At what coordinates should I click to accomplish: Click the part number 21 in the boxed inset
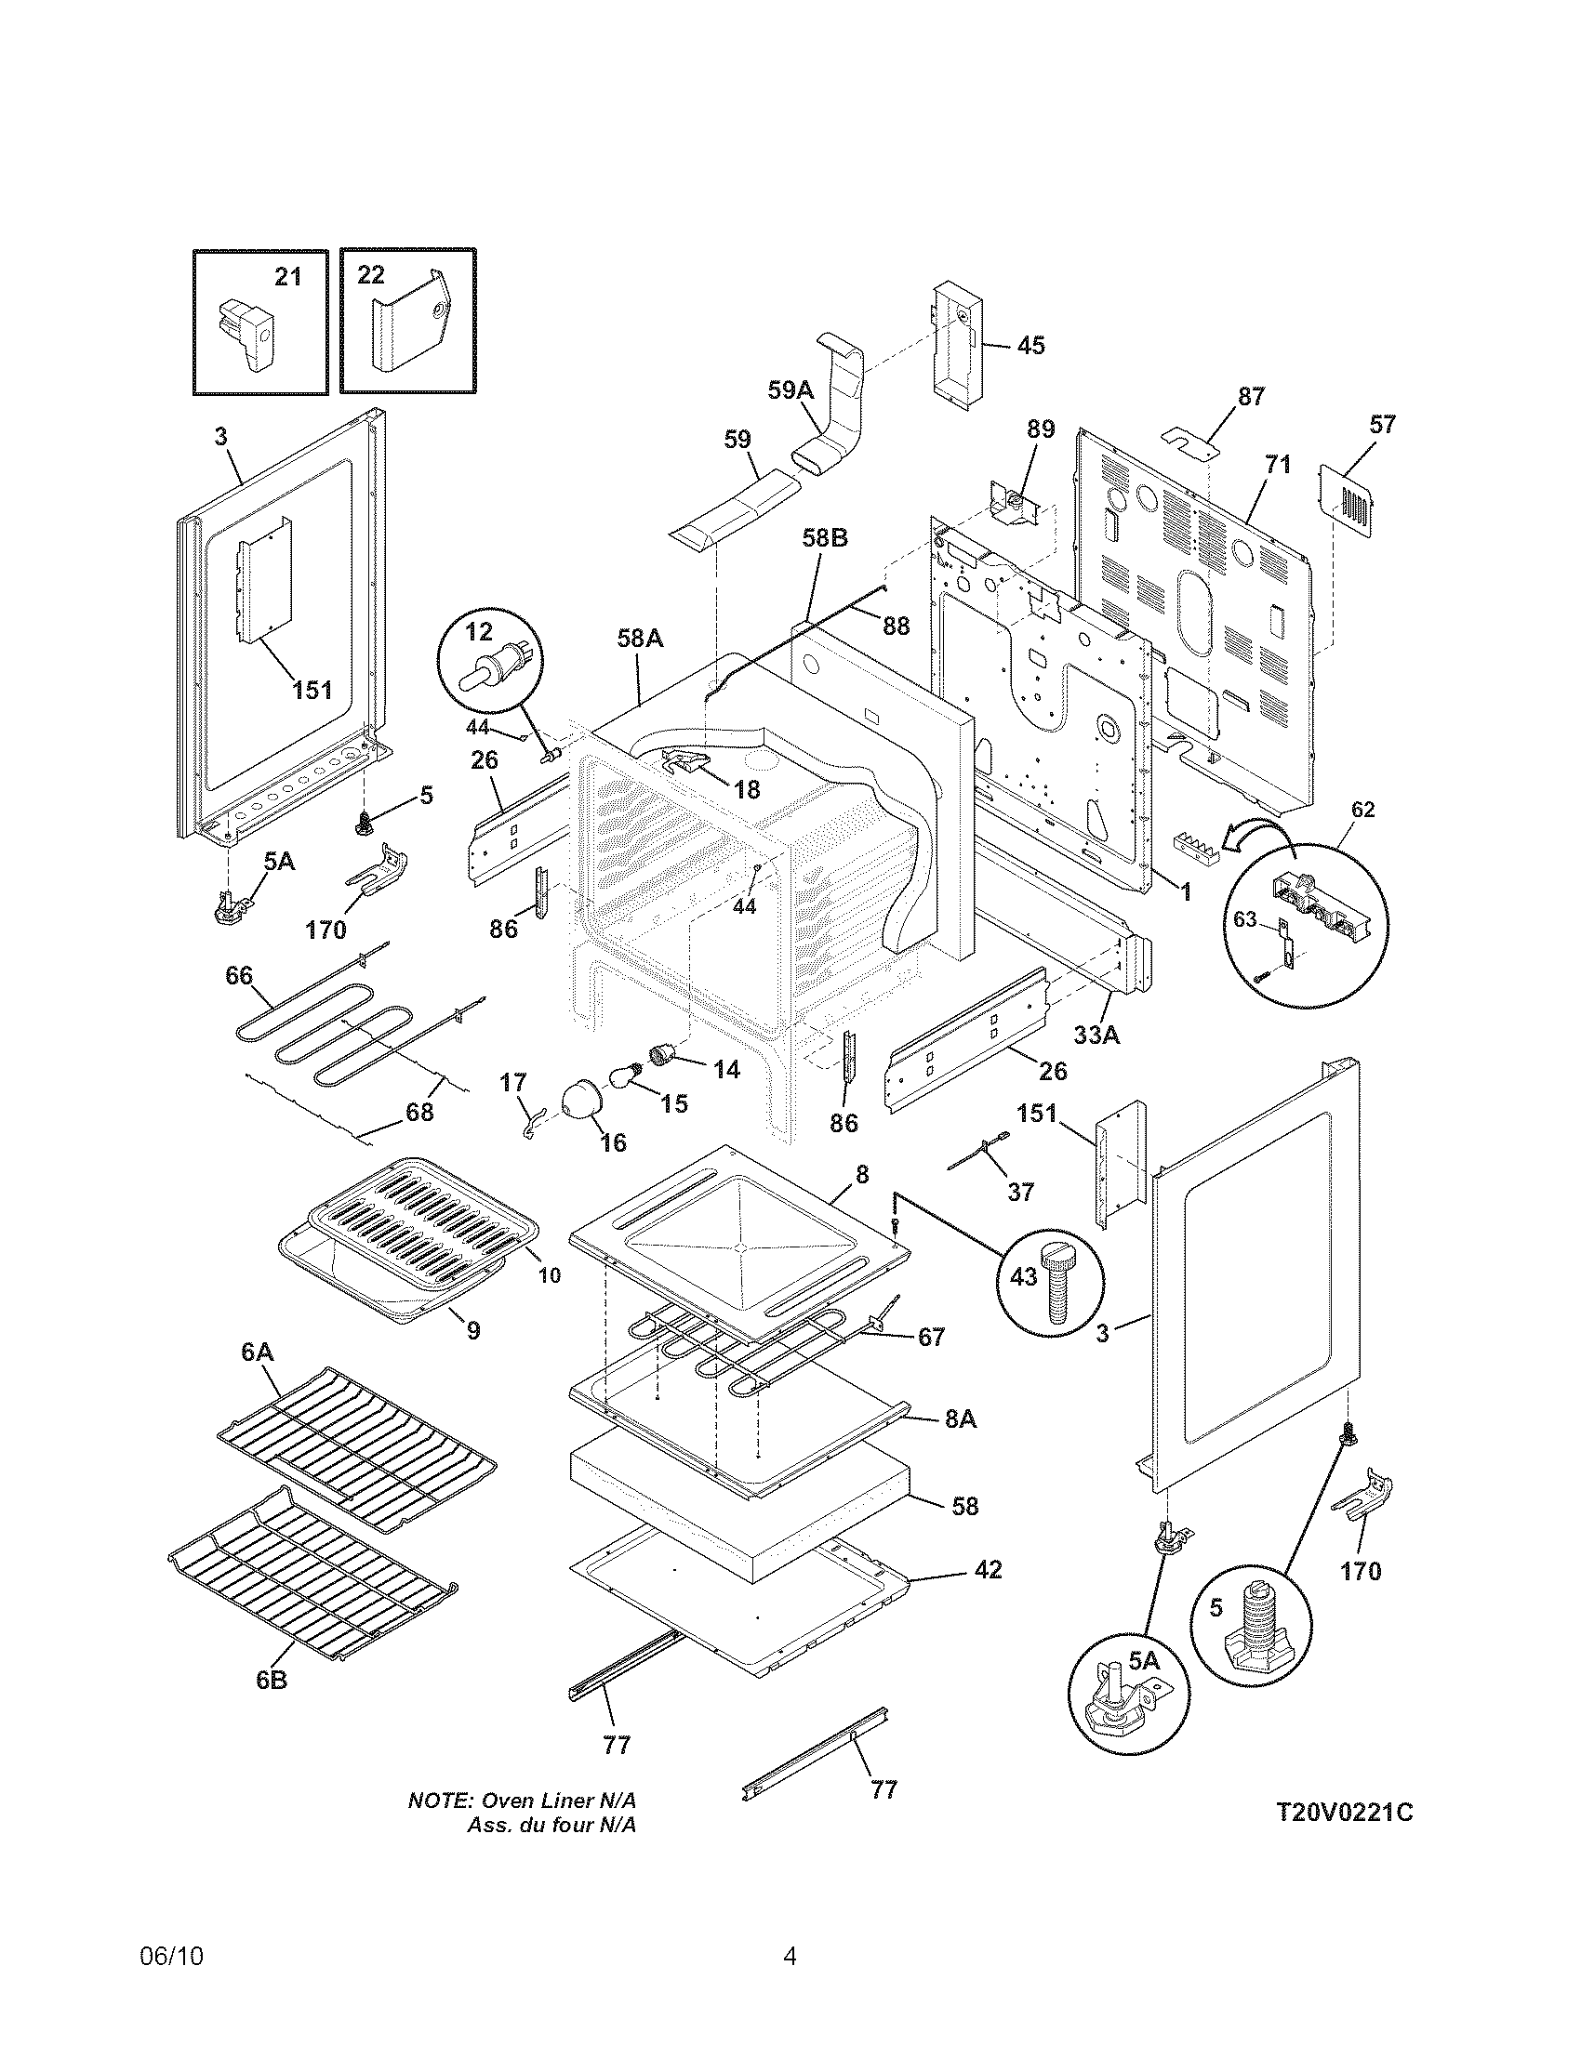coord(287,276)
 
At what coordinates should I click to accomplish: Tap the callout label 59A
coord(790,389)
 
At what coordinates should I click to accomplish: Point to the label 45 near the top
coord(1030,346)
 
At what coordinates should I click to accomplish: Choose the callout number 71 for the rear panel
coord(1277,465)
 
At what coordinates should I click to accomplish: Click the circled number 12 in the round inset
coord(479,632)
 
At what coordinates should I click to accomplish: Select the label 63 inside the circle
coord(1243,919)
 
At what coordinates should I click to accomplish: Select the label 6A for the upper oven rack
coord(257,1352)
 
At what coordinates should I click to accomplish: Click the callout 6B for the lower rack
coord(272,1680)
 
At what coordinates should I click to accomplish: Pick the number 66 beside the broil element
coord(239,976)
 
